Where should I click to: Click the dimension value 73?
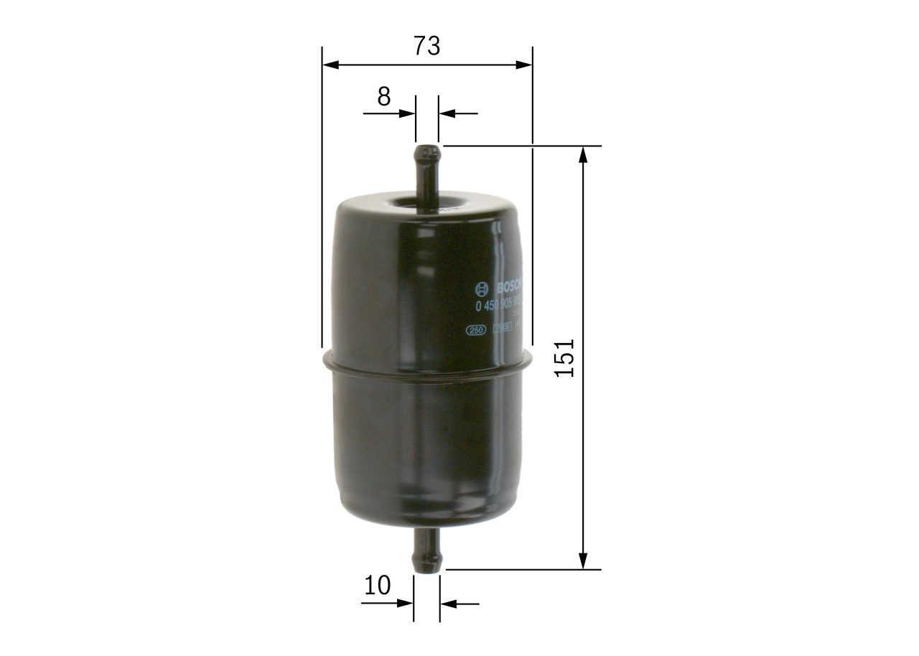coord(426,46)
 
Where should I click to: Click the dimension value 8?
coord(384,96)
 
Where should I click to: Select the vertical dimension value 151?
coord(566,357)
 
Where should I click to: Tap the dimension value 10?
coord(377,586)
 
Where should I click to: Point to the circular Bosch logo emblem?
coord(482,289)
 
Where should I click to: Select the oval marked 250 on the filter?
coord(476,331)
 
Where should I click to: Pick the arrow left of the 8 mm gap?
coord(407,113)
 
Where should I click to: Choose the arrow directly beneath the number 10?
coord(405,604)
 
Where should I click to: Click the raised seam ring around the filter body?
coord(428,365)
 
